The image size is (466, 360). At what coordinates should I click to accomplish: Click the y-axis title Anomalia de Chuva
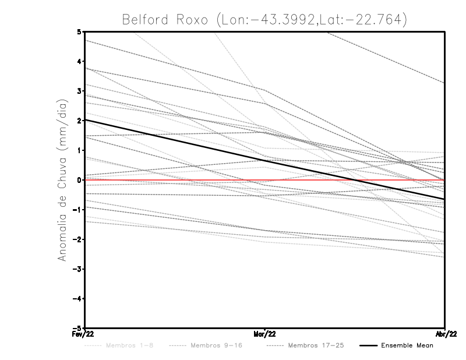[62, 179]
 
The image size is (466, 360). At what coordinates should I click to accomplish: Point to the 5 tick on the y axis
[79, 31]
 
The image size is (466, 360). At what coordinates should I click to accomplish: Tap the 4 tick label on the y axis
[79, 61]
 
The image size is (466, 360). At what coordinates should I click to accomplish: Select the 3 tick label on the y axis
[79, 91]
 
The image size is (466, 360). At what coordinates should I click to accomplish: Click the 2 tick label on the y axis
[79, 121]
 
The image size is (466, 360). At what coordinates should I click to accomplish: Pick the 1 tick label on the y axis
[79, 150]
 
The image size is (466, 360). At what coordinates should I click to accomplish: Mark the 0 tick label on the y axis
[79, 180]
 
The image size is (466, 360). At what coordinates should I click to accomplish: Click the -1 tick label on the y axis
[77, 210]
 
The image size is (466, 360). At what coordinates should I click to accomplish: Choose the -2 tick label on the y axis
[77, 239]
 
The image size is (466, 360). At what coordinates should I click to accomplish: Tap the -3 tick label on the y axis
[77, 269]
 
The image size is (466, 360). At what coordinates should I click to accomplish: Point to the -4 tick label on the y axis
[77, 299]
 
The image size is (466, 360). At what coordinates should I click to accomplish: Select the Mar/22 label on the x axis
[264, 334]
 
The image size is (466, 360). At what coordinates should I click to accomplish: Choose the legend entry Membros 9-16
[216, 345]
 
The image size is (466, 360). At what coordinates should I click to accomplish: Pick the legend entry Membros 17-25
[316, 345]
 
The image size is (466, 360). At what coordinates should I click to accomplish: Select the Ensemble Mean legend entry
[407, 345]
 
